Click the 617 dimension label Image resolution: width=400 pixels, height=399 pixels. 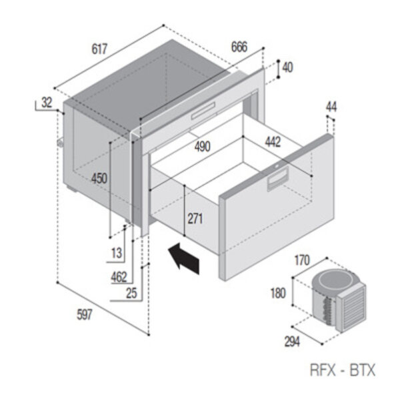pos(99,49)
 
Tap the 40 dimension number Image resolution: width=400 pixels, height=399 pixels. pos(287,67)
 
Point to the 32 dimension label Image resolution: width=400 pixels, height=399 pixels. pos(46,102)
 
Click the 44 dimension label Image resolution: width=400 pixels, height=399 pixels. pos(332,107)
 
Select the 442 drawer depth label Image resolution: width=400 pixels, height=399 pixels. pos(272,141)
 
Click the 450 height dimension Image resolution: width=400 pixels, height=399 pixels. pos(99,178)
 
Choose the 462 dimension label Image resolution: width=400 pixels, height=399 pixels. pos(119,276)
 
